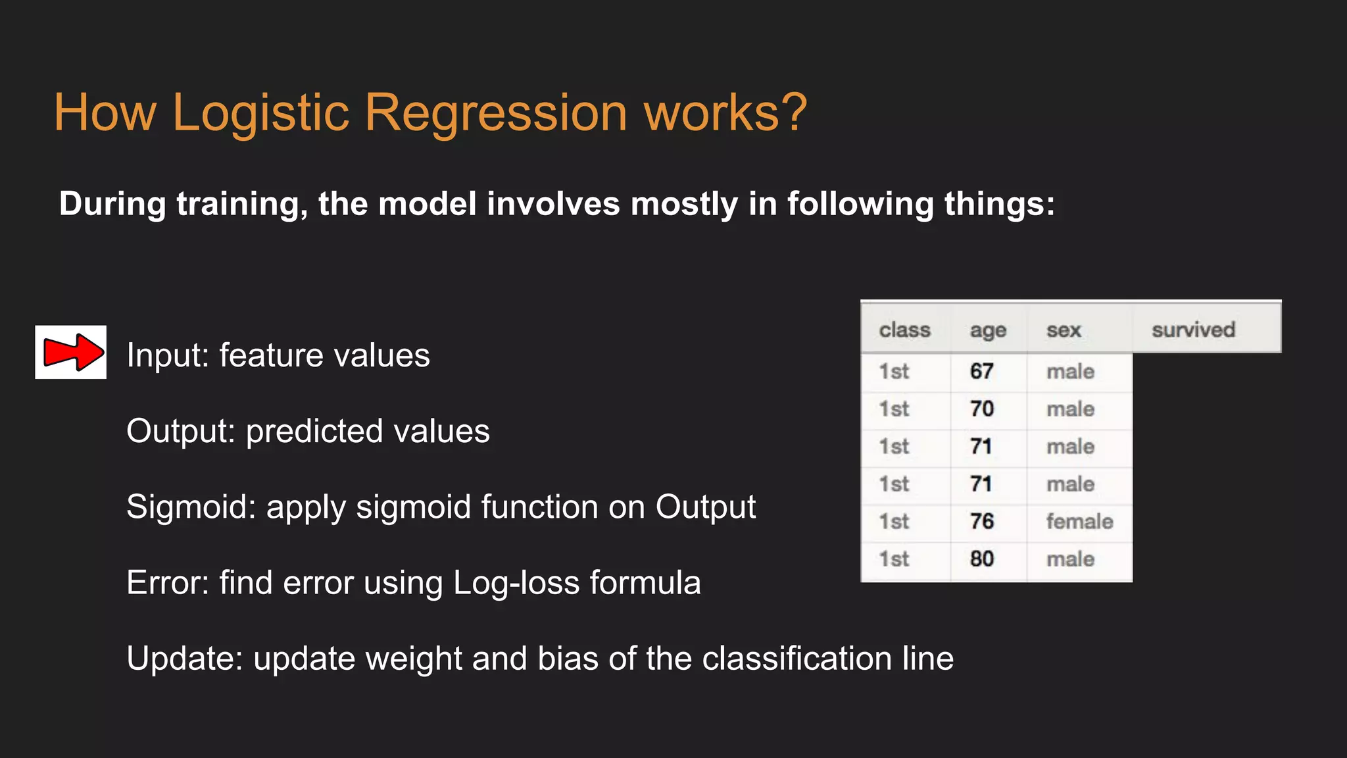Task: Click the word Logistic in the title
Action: (x=260, y=113)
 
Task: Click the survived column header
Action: (x=1193, y=330)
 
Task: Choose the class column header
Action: (x=904, y=330)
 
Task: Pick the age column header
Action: (x=987, y=330)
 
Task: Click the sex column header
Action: (x=1064, y=330)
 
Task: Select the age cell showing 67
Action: (x=981, y=372)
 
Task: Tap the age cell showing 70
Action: (x=981, y=409)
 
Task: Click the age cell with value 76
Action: (x=981, y=522)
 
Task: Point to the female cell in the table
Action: (x=1079, y=522)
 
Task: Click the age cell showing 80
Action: (x=981, y=559)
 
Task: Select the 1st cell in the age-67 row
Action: (x=894, y=372)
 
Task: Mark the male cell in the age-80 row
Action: (x=1070, y=559)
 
